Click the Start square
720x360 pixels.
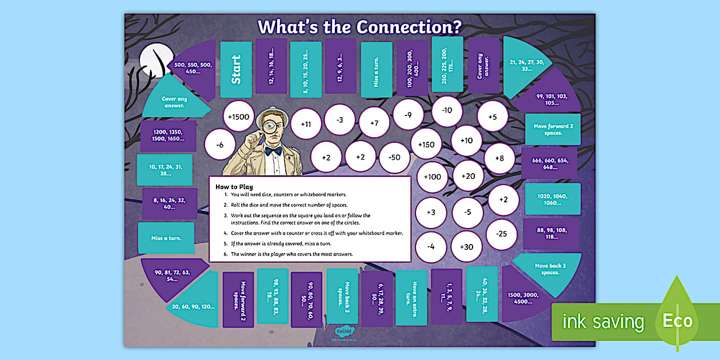[236, 69]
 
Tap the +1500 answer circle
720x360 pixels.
[238, 117]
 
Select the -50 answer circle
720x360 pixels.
[394, 156]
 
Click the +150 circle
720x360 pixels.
[426, 145]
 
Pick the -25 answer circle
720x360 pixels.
[502, 234]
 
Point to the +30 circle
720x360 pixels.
[466, 247]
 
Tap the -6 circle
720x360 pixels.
[220, 145]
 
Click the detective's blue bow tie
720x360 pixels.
[273, 151]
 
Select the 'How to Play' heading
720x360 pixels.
[234, 186]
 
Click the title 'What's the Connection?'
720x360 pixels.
[359, 27]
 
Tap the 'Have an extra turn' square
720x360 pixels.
[411, 298]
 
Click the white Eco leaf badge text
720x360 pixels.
[678, 321]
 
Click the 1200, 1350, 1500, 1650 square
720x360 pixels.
[168, 135]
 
